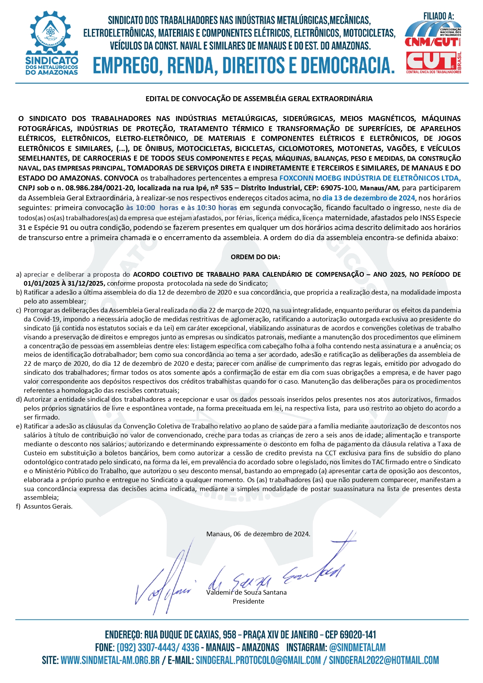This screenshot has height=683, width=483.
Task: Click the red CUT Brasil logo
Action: (x=433, y=61)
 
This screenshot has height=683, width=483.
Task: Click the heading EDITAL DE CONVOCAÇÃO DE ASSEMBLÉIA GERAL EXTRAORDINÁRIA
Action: (x=259, y=99)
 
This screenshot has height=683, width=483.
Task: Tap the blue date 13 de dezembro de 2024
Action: (x=369, y=198)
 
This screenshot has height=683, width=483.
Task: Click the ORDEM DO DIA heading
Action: (x=255, y=257)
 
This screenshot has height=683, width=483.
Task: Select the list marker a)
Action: (x=19, y=275)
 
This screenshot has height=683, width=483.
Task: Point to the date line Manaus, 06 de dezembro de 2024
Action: (x=258, y=534)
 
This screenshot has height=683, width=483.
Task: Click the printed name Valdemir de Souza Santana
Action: (x=246, y=592)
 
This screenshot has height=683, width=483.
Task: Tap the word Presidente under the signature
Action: (x=248, y=601)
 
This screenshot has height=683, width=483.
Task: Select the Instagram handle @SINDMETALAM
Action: (x=357, y=648)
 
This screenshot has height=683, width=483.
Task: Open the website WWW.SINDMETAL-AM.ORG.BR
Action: (x=110, y=660)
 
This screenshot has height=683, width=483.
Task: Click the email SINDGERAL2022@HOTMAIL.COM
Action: (x=384, y=660)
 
